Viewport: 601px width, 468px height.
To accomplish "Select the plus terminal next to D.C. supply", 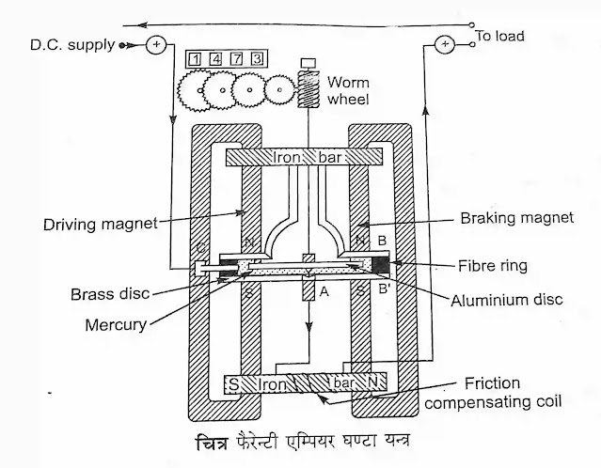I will click(x=156, y=44).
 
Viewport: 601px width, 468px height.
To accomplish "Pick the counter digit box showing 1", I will click(x=194, y=59).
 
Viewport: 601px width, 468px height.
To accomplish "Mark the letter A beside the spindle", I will click(x=323, y=292).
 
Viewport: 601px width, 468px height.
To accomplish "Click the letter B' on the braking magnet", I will click(x=387, y=290).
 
